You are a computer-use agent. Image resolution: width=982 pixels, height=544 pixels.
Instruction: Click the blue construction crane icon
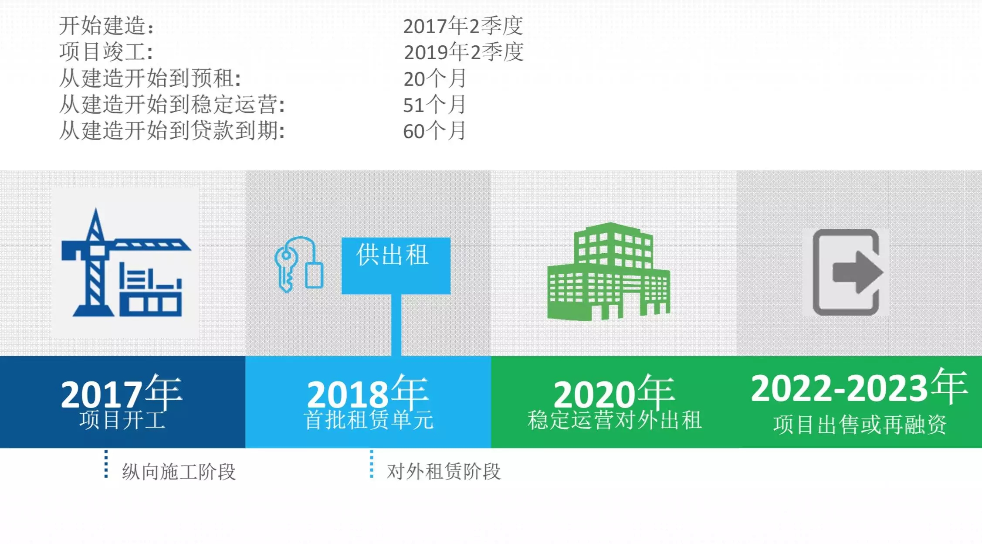tap(125, 262)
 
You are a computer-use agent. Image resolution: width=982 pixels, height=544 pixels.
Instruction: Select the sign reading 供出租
tap(396, 265)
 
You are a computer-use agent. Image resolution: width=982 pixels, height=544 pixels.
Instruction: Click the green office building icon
tap(609, 271)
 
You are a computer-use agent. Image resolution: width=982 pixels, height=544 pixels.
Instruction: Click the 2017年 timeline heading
tap(122, 392)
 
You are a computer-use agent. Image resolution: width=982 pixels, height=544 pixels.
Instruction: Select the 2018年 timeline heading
tap(368, 392)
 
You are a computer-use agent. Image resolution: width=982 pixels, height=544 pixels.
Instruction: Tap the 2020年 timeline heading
tap(614, 392)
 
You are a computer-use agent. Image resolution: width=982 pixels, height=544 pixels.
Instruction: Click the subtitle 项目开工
tap(122, 420)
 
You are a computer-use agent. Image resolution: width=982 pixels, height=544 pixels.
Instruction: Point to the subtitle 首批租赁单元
tap(369, 420)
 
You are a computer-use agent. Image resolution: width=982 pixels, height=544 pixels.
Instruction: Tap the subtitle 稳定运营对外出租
tap(615, 420)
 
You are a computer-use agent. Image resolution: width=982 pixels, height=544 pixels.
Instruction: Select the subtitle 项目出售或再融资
tap(860, 425)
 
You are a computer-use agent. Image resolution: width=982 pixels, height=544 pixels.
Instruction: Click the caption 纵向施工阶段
tap(179, 472)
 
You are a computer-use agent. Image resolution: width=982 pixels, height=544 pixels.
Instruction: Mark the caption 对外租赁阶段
tap(444, 472)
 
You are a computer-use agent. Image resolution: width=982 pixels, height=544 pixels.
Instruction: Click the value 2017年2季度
tap(463, 26)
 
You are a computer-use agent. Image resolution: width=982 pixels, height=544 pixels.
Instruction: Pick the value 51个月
tap(435, 105)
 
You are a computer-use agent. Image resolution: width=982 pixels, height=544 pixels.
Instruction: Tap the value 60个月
tap(435, 131)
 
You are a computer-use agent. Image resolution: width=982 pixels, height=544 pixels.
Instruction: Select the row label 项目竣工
tap(106, 52)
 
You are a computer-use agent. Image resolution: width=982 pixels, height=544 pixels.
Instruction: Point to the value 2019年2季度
tap(464, 52)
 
